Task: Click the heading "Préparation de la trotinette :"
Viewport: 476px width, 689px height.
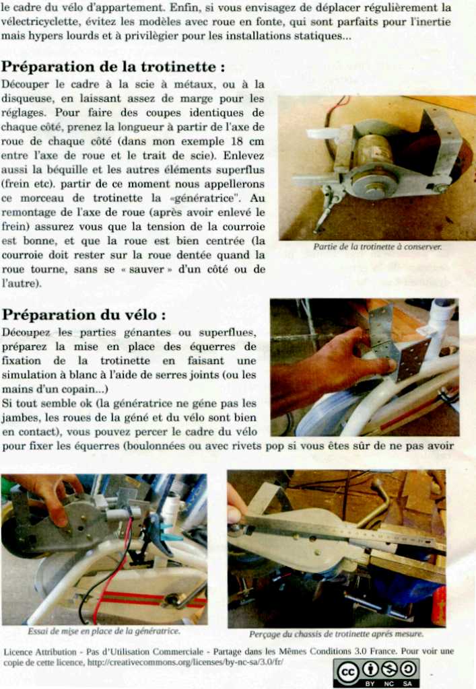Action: point(113,67)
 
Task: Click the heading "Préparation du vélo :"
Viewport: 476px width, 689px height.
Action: point(84,315)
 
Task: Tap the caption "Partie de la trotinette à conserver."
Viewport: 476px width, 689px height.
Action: point(377,247)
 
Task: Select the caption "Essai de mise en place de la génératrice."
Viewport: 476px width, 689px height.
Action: point(104,631)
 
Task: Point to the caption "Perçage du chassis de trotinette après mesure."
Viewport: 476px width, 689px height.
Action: point(336,634)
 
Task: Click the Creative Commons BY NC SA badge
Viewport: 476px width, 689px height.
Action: point(376,673)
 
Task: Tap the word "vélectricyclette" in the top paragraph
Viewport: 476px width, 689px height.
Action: point(39,22)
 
